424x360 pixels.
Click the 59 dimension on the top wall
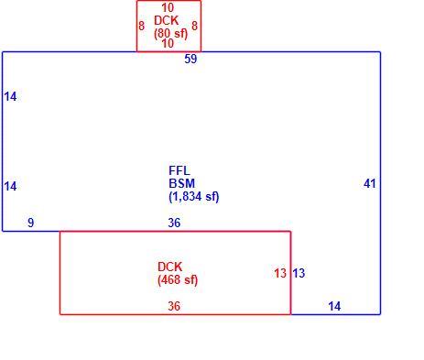pos(190,59)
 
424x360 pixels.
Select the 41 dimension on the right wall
pos(370,183)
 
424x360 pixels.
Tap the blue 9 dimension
pos(31,223)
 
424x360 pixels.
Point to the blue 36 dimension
pos(174,223)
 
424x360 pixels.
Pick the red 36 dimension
pos(174,306)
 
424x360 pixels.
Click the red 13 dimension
pos(280,273)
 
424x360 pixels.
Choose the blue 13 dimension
pos(299,273)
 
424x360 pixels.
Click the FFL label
pos(179,170)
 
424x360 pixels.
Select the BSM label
pos(182,183)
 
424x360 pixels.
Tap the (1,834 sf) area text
pos(194,197)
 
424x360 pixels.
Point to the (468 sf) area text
pos(178,279)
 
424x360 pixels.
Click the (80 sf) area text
pos(171,33)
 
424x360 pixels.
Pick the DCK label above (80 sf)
pos(167,20)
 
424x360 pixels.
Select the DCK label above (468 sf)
pos(170,267)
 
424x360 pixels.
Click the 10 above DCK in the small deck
pos(168,7)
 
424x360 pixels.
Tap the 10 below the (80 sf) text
pos(168,43)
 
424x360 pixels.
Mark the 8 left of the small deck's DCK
pos(142,26)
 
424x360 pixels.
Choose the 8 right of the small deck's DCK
pos(195,26)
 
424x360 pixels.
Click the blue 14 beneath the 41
pos(334,306)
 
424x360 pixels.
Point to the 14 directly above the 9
pos(10,186)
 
